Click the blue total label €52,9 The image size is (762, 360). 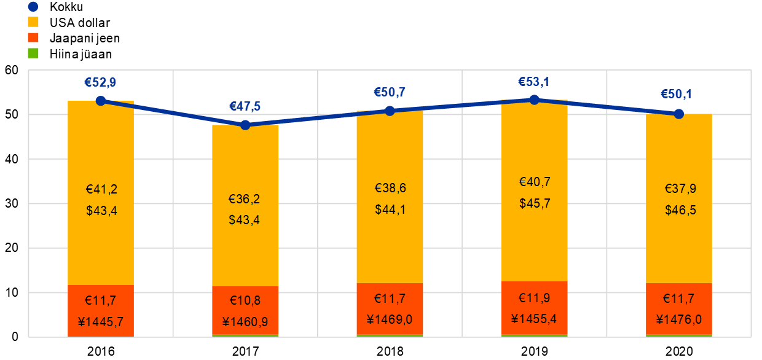100,82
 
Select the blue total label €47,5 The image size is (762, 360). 245,106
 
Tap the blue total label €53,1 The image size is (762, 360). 534,82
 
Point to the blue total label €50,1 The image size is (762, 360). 678,95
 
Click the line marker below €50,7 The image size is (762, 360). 390,111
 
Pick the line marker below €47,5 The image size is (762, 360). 245,125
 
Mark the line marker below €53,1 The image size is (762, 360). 534,99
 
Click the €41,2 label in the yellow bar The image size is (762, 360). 101,189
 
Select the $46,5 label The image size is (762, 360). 680,210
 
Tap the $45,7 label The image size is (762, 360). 534,203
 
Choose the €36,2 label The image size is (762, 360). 245,199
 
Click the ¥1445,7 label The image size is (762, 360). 101,321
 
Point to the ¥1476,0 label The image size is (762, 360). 679,319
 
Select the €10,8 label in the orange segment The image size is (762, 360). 245,301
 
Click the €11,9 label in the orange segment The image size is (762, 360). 534,299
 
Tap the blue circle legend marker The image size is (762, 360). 33,7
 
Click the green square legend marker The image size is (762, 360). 33,53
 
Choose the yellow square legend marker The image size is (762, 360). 33,22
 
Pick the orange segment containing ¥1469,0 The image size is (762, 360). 390,309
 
